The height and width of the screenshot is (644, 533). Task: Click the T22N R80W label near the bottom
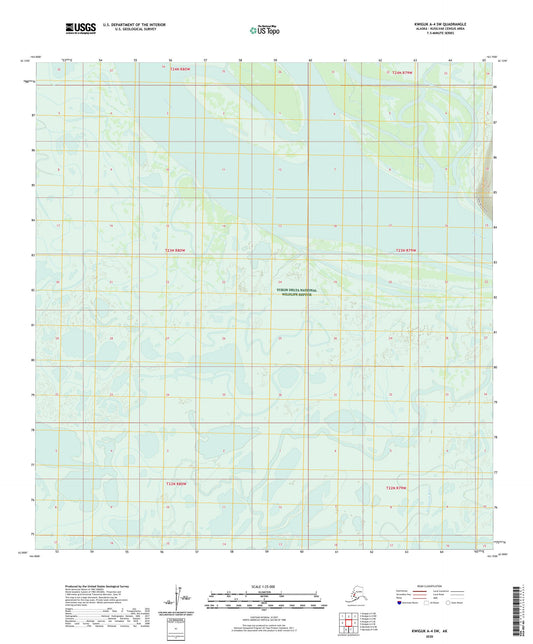[175, 484]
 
